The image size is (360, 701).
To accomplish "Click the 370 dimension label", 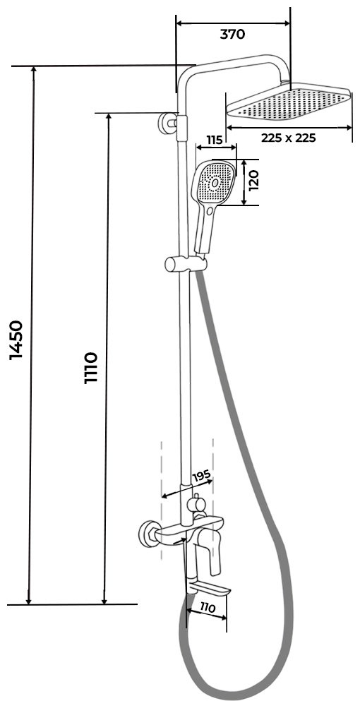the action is [232, 35].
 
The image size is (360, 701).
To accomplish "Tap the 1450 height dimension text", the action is [16, 340].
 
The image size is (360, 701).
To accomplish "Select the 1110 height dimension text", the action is [91, 368].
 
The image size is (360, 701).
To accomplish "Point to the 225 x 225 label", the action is [289, 138].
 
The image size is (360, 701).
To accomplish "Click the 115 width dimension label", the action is [215, 140].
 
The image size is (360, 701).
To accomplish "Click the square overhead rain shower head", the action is [289, 103].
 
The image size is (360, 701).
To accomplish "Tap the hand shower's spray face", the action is [214, 183].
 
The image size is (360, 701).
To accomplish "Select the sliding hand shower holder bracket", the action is [186, 264].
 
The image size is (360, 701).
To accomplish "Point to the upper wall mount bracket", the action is [172, 124].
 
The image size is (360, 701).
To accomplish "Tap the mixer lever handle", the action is [214, 553].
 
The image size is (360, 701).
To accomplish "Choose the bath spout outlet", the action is [209, 588].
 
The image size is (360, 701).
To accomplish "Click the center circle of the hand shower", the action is [215, 182].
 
